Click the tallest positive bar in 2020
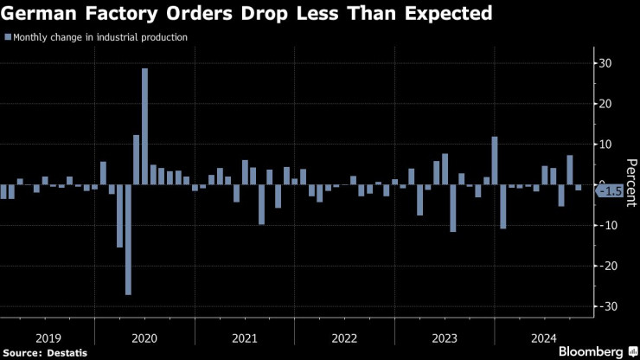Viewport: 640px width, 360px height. point(144,126)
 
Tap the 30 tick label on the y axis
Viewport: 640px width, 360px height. point(609,63)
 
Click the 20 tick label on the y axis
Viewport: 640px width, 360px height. point(609,104)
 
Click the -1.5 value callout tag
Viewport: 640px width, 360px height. point(611,191)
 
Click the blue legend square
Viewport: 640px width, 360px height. point(8,37)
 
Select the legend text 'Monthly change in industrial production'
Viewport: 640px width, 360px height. point(100,37)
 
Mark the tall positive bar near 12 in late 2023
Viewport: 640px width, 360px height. point(495,160)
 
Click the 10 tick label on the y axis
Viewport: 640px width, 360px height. point(609,145)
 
